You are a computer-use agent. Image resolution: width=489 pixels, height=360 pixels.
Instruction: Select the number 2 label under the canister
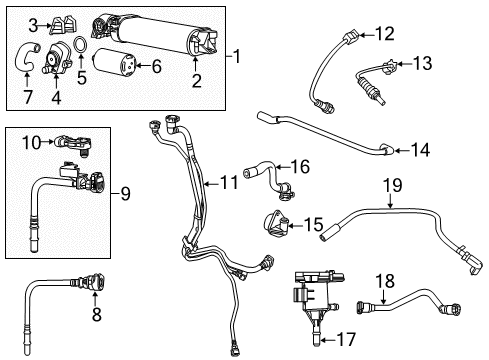(196, 80)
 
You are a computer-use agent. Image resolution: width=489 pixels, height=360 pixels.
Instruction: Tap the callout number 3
(33, 24)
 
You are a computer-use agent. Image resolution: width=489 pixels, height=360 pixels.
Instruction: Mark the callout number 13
(385, 34)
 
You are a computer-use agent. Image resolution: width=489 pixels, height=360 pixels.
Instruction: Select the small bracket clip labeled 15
(421, 150)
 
